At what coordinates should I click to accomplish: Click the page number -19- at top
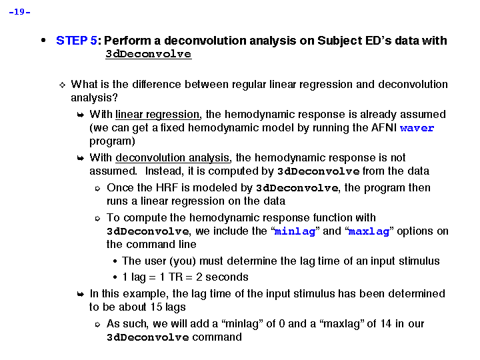click(20, 12)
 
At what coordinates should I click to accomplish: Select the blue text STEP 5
click(76, 41)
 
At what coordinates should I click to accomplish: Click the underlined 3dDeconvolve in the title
click(148, 54)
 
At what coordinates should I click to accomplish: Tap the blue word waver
click(417, 128)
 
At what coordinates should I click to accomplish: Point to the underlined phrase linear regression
click(157, 115)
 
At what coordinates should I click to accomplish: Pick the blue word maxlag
click(369, 231)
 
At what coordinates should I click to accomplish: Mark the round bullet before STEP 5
click(44, 40)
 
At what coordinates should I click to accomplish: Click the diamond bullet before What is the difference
click(62, 85)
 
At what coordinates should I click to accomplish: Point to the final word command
click(217, 337)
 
